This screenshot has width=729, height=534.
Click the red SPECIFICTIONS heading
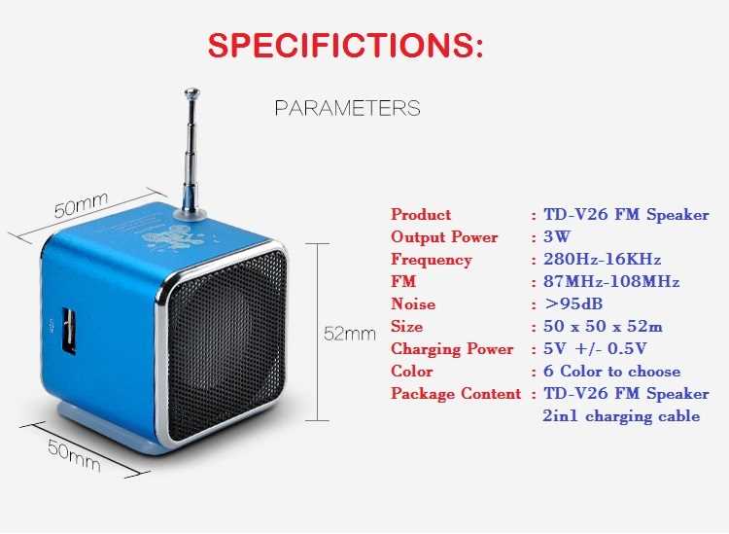point(346,45)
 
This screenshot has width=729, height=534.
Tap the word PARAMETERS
point(347,108)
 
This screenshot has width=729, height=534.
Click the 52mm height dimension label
point(349,334)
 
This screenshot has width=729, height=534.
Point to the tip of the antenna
point(191,93)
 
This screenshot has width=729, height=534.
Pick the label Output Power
point(444,237)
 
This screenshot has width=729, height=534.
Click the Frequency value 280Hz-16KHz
point(602,260)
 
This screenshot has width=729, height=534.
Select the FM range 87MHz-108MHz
point(610,282)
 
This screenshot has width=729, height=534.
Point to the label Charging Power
point(452,349)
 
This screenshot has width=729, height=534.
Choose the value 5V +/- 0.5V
point(596,349)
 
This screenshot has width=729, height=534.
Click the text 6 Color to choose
point(612,372)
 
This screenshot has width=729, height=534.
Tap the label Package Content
point(456,394)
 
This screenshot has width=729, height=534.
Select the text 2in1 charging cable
point(620,416)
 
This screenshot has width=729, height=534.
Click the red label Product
point(421,215)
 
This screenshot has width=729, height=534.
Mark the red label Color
point(412,372)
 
